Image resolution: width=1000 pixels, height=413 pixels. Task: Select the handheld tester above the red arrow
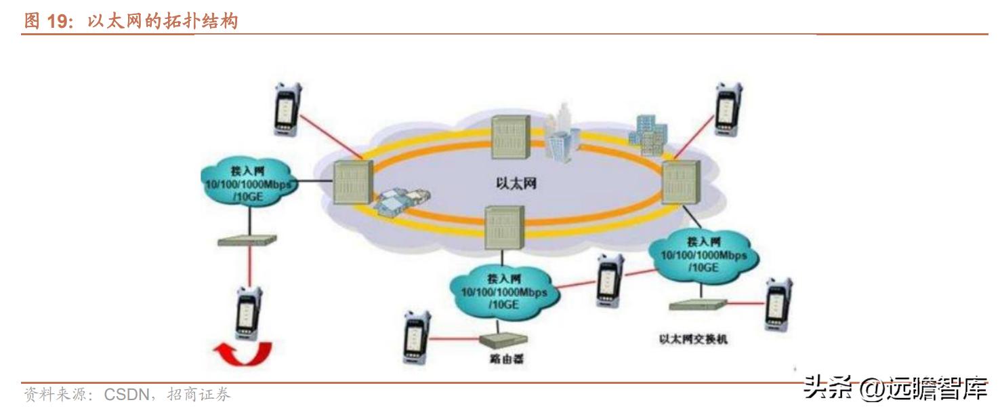(249, 313)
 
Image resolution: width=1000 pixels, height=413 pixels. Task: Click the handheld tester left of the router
(416, 337)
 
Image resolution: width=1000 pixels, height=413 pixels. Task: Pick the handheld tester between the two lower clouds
(610, 279)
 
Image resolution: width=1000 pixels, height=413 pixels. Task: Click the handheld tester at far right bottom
(778, 303)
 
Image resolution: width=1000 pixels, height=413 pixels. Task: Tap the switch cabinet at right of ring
(679, 182)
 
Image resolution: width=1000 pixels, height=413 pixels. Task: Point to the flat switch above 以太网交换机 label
(698, 304)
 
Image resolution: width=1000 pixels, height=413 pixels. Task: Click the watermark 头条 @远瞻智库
(894, 390)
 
